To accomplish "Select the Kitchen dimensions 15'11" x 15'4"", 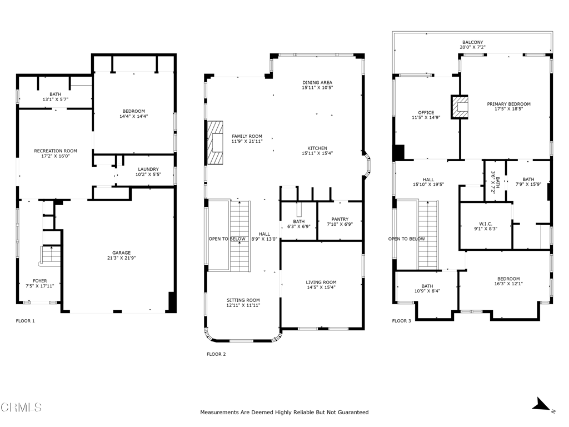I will coord(317,153).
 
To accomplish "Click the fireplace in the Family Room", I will coord(214,142).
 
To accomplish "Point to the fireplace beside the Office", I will coord(460,107).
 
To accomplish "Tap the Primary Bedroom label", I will coord(508,104).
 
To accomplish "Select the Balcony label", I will coord(473,42).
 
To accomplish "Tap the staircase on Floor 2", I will coord(239,235).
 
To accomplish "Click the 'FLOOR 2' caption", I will coord(216,354).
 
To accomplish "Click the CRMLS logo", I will coord(21,408).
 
